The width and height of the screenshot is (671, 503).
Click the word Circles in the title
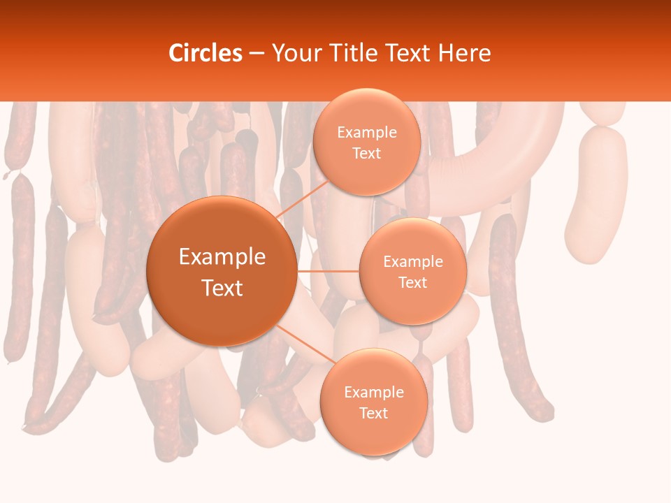pyautogui.click(x=205, y=53)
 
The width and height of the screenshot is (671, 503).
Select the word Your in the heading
pyautogui.click(x=294, y=53)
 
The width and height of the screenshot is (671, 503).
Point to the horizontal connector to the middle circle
pyautogui.click(x=328, y=271)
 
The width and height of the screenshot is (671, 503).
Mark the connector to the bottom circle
pyautogui.click(x=301, y=344)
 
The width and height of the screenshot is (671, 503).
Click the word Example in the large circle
pyautogui.click(x=222, y=257)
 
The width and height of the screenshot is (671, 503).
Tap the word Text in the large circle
pyautogui.click(x=222, y=288)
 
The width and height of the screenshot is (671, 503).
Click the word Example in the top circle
pyautogui.click(x=366, y=133)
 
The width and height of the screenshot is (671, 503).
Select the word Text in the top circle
pyautogui.click(x=366, y=154)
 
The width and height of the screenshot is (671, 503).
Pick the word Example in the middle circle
pyautogui.click(x=412, y=262)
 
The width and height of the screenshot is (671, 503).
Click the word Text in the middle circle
pyautogui.click(x=412, y=283)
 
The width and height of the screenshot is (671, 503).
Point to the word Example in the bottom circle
pyautogui.click(x=373, y=393)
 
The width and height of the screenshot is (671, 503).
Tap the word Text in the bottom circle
pyautogui.click(x=373, y=414)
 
